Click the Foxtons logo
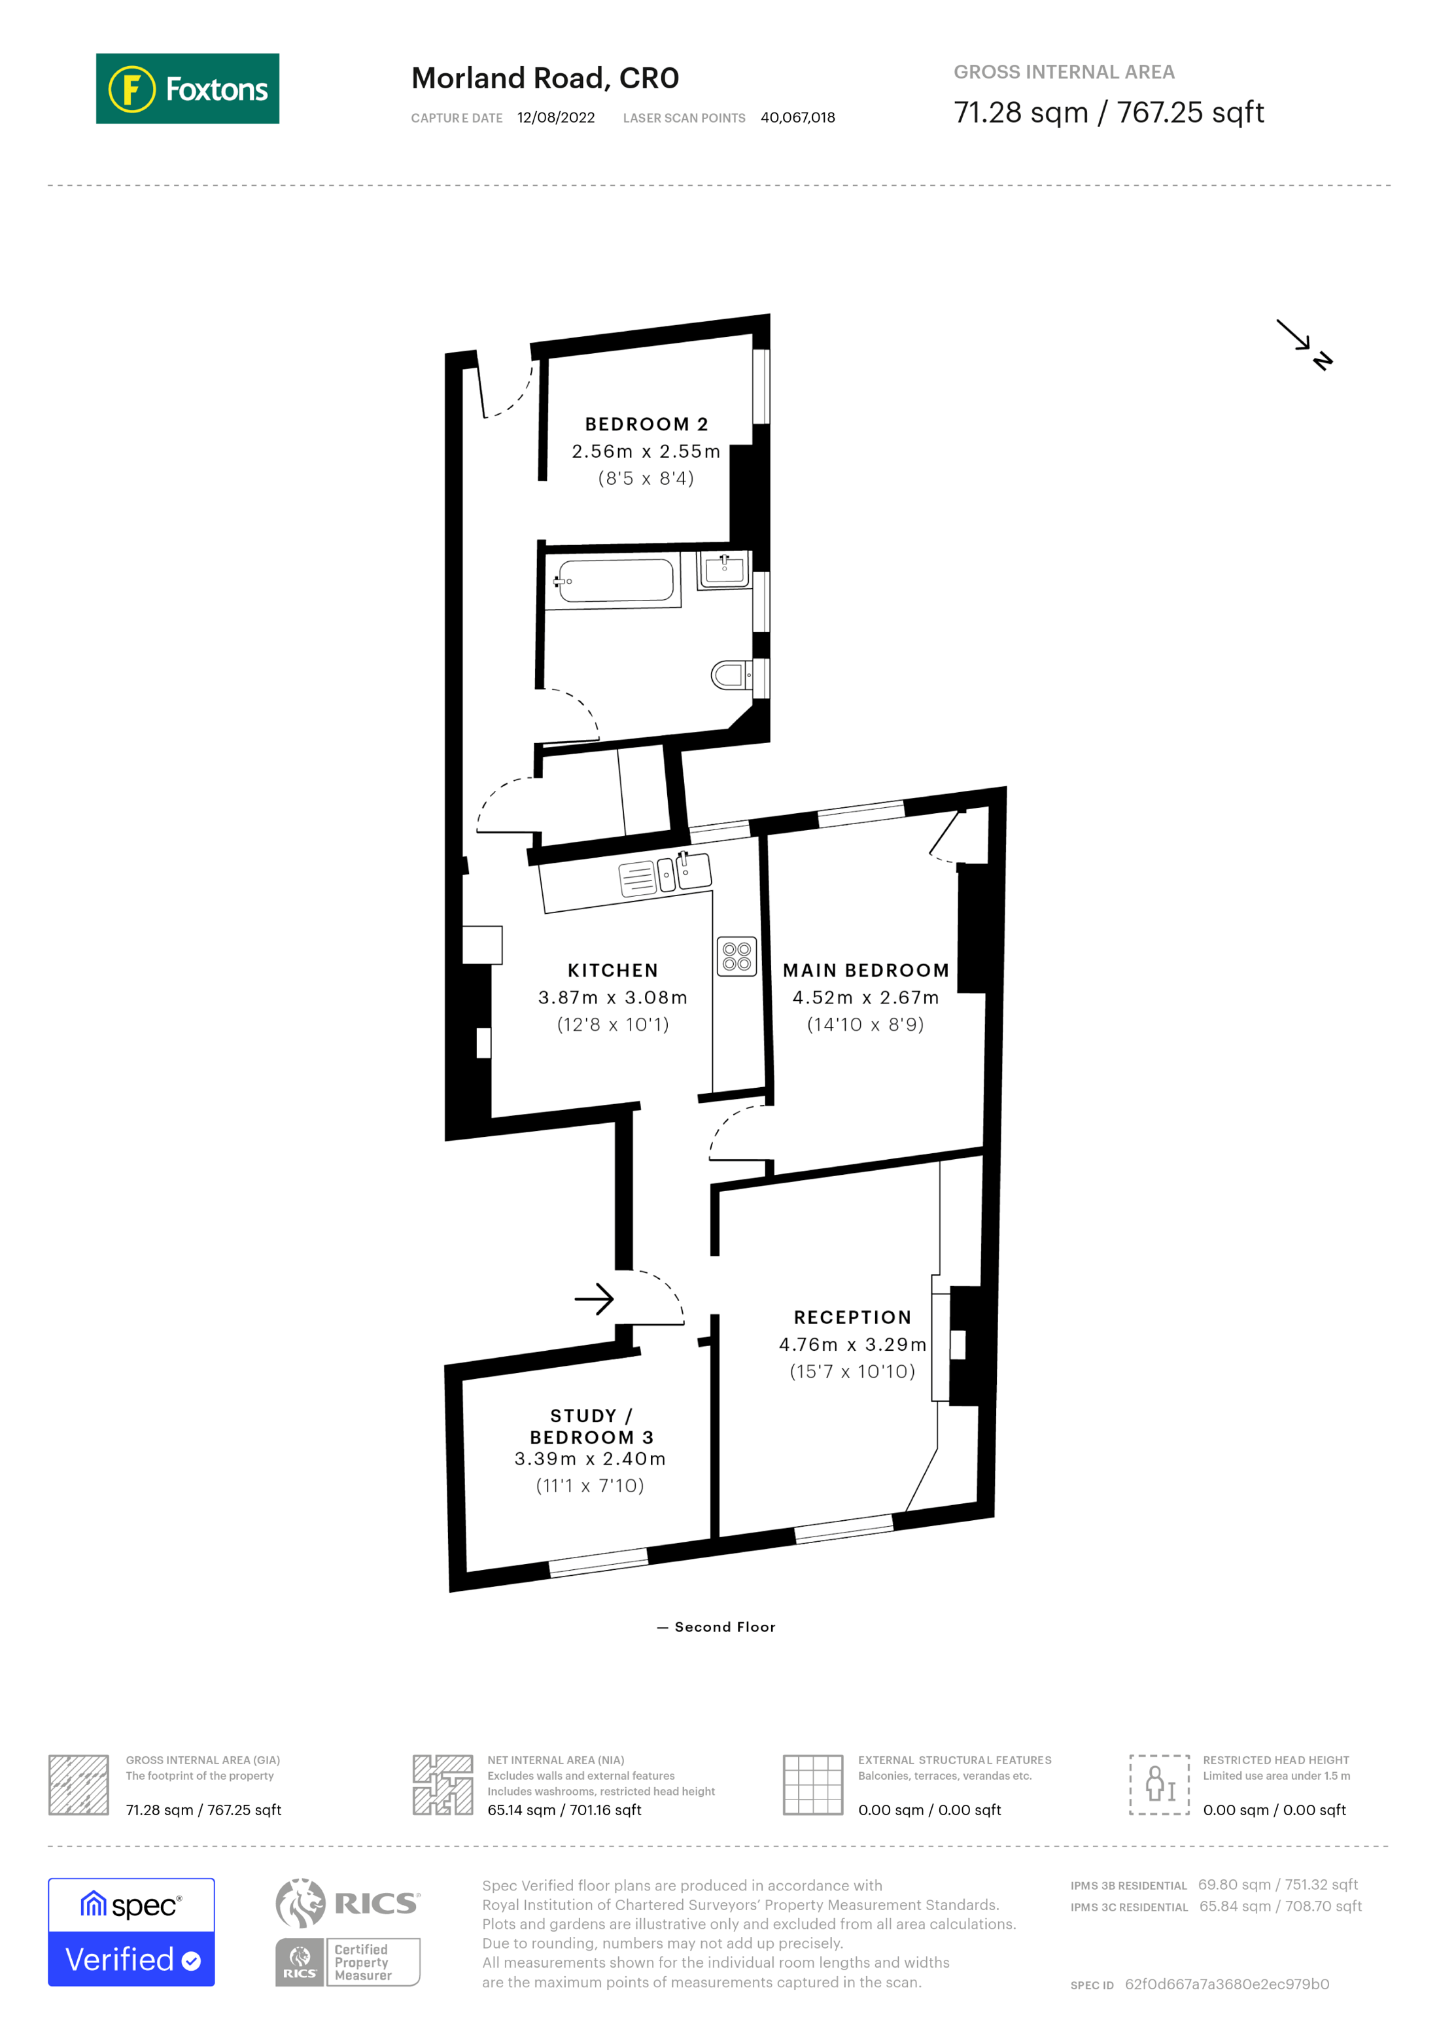tap(187, 88)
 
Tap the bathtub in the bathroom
tap(615, 582)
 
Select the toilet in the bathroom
tap(729, 675)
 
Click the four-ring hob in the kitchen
tap(737, 956)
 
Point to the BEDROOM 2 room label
tap(646, 425)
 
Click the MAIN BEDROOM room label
tap(866, 971)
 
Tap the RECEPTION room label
tap(852, 1317)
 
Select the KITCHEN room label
tap(612, 971)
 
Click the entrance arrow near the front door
tap(595, 1299)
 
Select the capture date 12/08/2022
tap(555, 118)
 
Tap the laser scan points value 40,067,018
tap(797, 118)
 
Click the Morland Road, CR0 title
tap(545, 78)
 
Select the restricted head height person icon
tap(1159, 1784)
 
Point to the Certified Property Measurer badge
tap(347, 1962)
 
